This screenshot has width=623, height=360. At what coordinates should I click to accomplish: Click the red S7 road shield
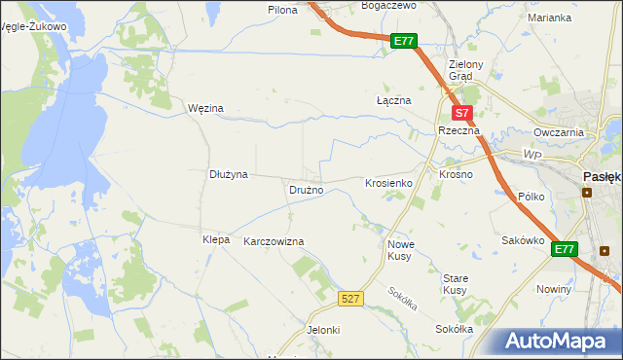pos(463,113)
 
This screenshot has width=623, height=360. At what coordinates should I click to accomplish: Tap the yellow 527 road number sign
pos(351,299)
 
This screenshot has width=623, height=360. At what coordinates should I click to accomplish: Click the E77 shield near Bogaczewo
pos(405,41)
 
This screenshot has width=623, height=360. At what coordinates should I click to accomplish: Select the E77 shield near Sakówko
pos(565,250)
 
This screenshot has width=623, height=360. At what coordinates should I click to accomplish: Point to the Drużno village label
pos(305,190)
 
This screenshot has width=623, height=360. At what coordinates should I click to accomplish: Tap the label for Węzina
pos(205,108)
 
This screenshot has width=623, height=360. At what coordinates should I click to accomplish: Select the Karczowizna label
pos(274,241)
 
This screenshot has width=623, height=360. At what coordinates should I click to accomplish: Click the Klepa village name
pos(215,239)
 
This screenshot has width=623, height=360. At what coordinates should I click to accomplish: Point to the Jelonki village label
pos(323,330)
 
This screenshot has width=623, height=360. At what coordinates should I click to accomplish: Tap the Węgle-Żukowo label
pos(35,27)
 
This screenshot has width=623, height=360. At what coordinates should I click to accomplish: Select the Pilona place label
pos(282,9)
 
